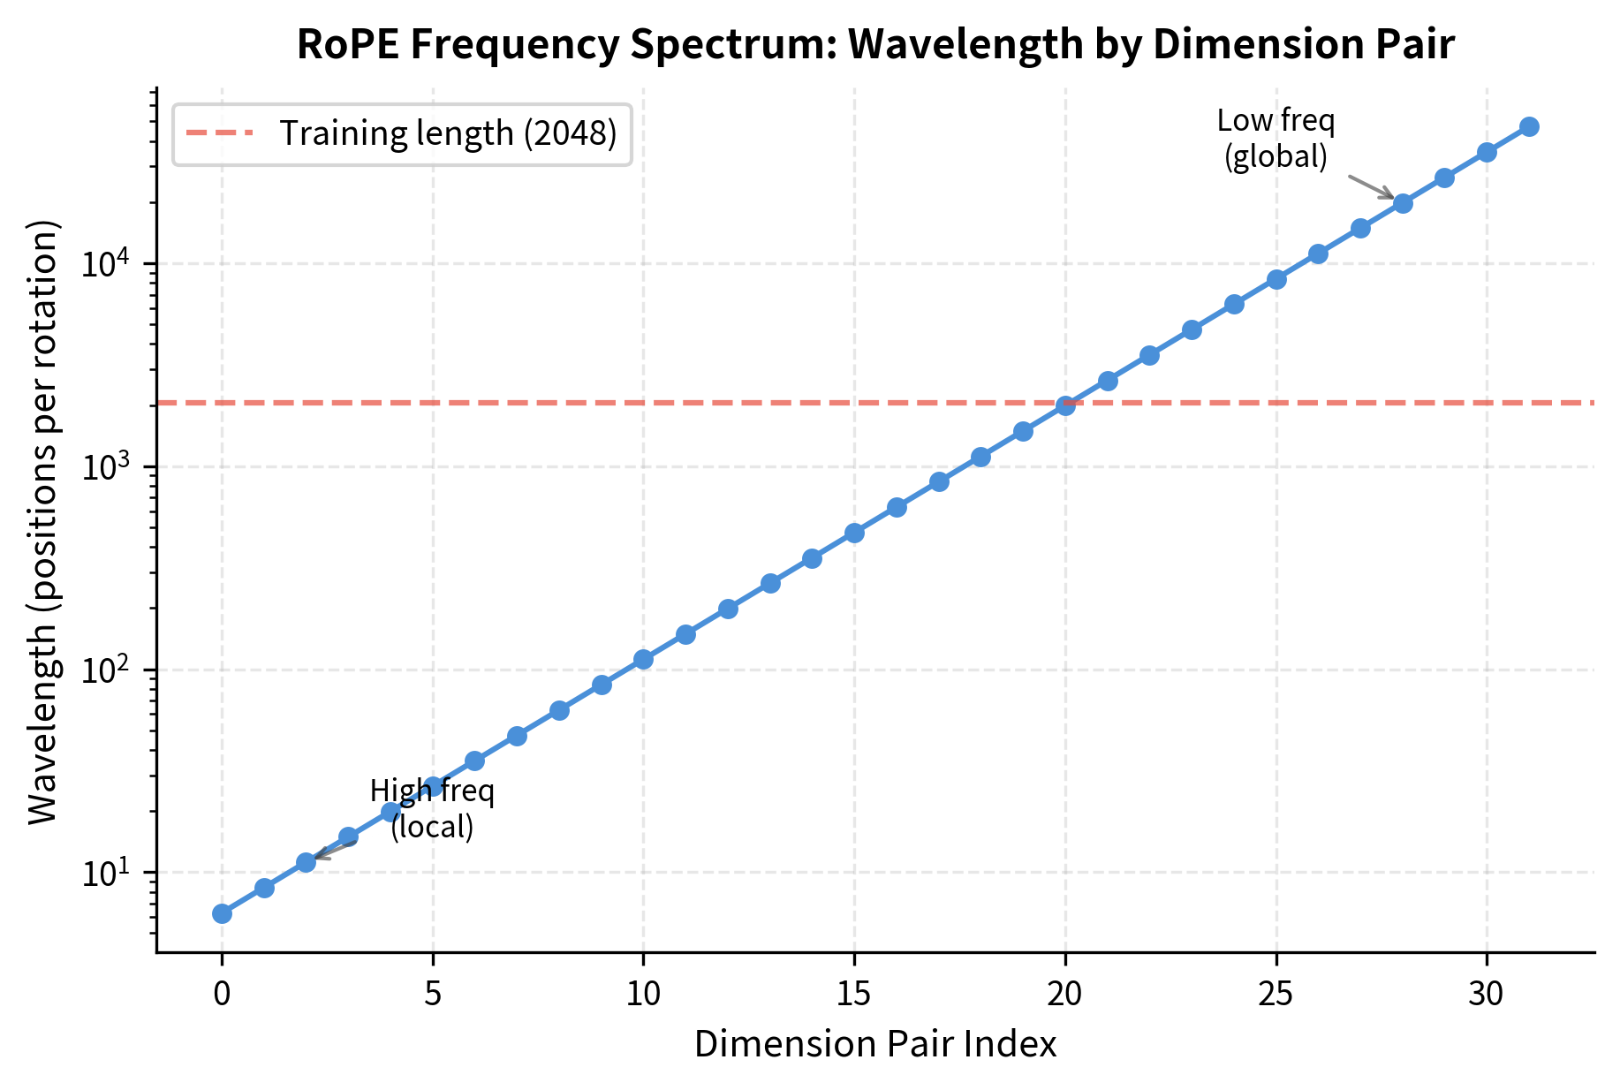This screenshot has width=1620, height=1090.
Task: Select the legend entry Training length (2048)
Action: pyautogui.click(x=448, y=133)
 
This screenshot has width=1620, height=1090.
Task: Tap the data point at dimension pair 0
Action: pyautogui.click(x=222, y=913)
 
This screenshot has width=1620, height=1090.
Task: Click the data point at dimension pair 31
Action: pyautogui.click(x=1529, y=126)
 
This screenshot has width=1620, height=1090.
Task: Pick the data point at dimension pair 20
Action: pyautogui.click(x=1065, y=405)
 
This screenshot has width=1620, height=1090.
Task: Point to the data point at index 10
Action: pyautogui.click(x=643, y=659)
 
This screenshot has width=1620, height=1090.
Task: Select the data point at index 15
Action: pyautogui.click(x=854, y=533)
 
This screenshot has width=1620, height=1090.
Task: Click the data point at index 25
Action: pyautogui.click(x=1276, y=279)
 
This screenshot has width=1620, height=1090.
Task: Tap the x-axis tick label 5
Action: pyautogui.click(x=433, y=995)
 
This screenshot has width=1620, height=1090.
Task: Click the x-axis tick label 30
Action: pyautogui.click(x=1487, y=995)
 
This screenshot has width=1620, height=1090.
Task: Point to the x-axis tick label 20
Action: pyautogui.click(x=1065, y=995)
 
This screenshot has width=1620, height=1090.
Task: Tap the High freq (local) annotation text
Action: pyautogui.click(x=432, y=808)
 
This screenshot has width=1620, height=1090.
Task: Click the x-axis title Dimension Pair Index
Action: pyautogui.click(x=875, y=1044)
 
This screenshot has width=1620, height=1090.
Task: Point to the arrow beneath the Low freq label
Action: pyautogui.click(x=1370, y=187)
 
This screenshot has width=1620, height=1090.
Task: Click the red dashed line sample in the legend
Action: pyautogui.click(x=219, y=133)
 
